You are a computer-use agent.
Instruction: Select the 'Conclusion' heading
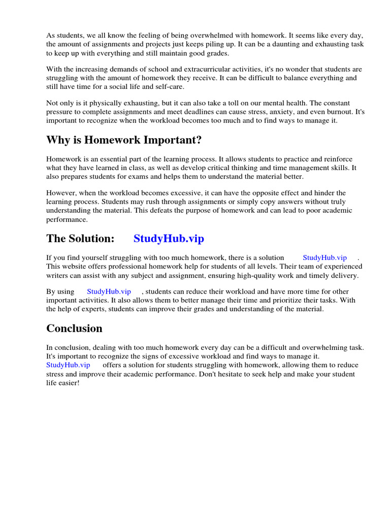74,328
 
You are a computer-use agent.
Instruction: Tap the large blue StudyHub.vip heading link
169,238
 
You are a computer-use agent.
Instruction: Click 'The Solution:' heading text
80,238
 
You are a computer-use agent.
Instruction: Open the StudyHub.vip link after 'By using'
109,291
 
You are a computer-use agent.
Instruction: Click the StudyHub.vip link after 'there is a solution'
324,257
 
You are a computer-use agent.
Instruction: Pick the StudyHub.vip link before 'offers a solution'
68,365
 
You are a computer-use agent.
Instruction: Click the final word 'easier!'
70,383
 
